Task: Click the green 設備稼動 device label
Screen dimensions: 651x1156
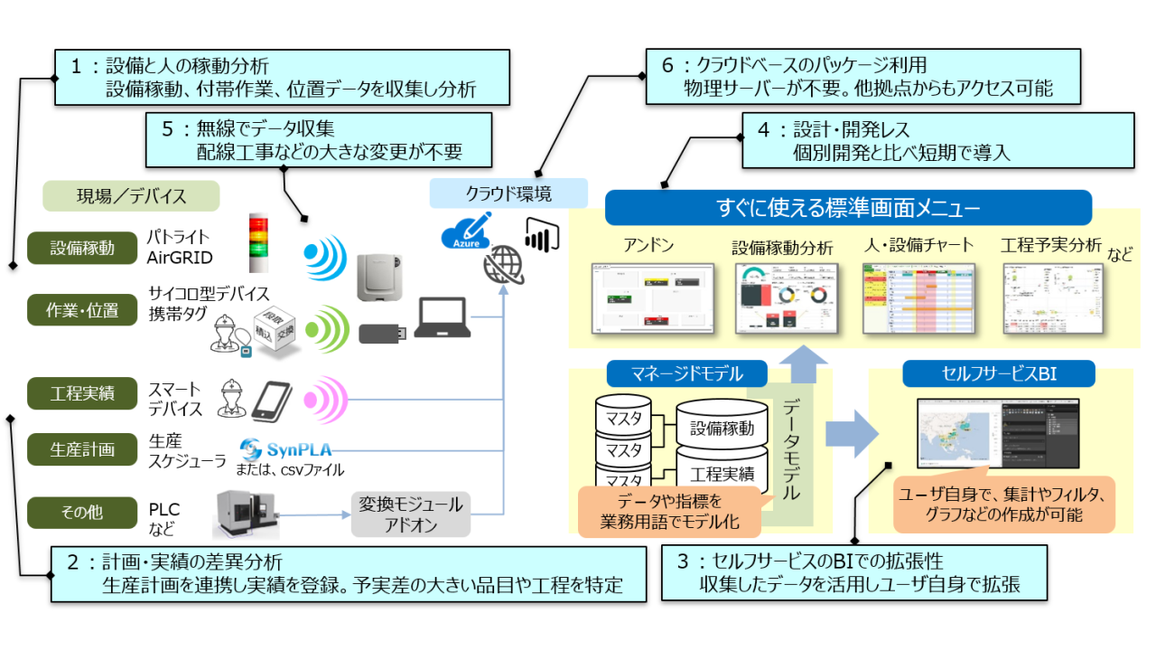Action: (x=82, y=249)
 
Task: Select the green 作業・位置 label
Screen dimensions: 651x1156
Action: (x=82, y=310)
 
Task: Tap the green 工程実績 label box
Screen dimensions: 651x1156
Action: (x=82, y=393)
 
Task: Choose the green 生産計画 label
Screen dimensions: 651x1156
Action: (x=82, y=449)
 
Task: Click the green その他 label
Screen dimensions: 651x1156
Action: (x=82, y=512)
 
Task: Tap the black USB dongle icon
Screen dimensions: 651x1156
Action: (x=384, y=333)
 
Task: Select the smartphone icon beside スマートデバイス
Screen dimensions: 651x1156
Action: (x=271, y=399)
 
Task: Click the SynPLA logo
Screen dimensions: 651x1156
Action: (x=281, y=449)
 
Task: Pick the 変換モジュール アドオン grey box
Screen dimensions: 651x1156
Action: (x=410, y=514)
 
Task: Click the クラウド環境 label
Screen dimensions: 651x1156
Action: (x=508, y=193)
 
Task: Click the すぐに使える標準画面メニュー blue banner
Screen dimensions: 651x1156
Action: (x=848, y=208)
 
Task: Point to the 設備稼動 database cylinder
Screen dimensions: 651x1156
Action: (x=722, y=428)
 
